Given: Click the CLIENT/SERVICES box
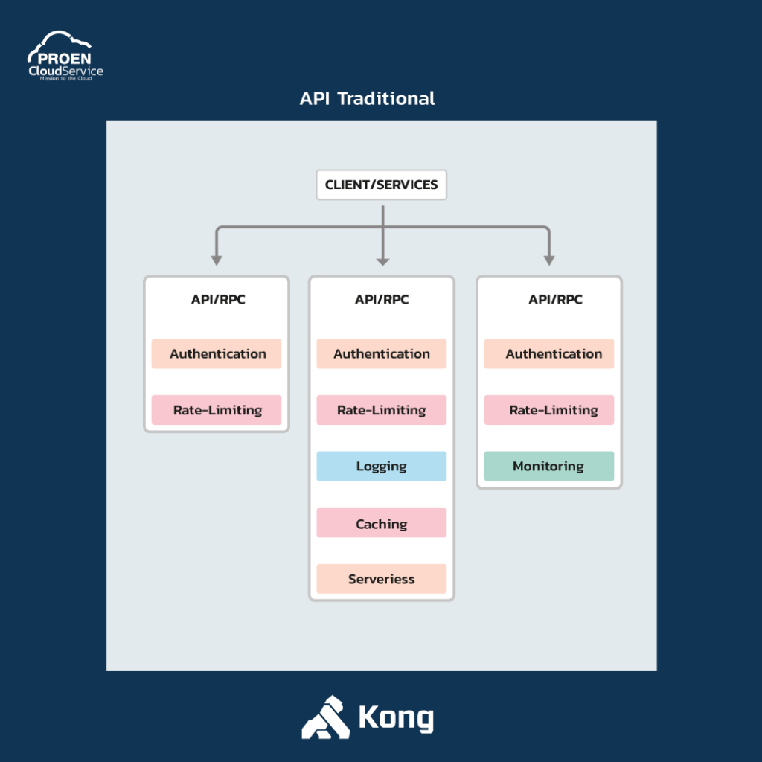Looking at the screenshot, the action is tap(382, 185).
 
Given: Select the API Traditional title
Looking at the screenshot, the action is tap(368, 99).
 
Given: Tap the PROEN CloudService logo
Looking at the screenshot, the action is tap(65, 55).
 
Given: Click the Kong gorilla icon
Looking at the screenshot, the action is tap(326, 717).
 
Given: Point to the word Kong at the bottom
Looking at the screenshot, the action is tap(396, 718).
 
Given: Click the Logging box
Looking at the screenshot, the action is tap(382, 466).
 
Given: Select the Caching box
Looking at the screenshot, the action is tap(382, 522).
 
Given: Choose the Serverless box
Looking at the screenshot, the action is tap(382, 579).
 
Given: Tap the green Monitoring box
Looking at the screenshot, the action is tap(549, 466).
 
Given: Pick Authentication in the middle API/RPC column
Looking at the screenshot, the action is tap(382, 353).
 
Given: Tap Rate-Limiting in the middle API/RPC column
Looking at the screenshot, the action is tap(382, 410).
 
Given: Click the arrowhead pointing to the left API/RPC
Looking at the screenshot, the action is tap(217, 260).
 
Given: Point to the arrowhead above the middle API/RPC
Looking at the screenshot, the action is tap(383, 261).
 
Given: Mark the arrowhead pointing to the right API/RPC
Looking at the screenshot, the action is tap(549, 260).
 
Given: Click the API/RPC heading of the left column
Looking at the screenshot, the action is tap(218, 299).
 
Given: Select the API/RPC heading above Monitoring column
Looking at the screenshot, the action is tap(555, 299).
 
